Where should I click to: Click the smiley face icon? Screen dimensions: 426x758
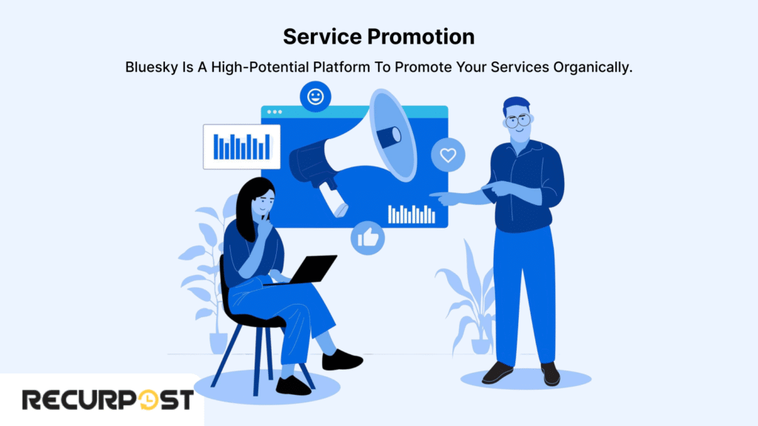[x=315, y=97]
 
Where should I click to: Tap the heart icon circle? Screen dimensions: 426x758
[x=447, y=155]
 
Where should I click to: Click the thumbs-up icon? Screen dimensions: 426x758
[x=368, y=237]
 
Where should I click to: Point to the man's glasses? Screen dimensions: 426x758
[x=518, y=119]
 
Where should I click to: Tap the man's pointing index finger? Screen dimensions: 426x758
[x=434, y=196]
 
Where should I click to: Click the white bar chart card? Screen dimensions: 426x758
[x=241, y=146]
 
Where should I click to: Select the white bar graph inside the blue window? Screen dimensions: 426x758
[x=412, y=214]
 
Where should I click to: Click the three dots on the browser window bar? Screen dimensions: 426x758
[x=274, y=112]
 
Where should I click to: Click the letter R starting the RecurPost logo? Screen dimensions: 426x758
[x=32, y=400]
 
